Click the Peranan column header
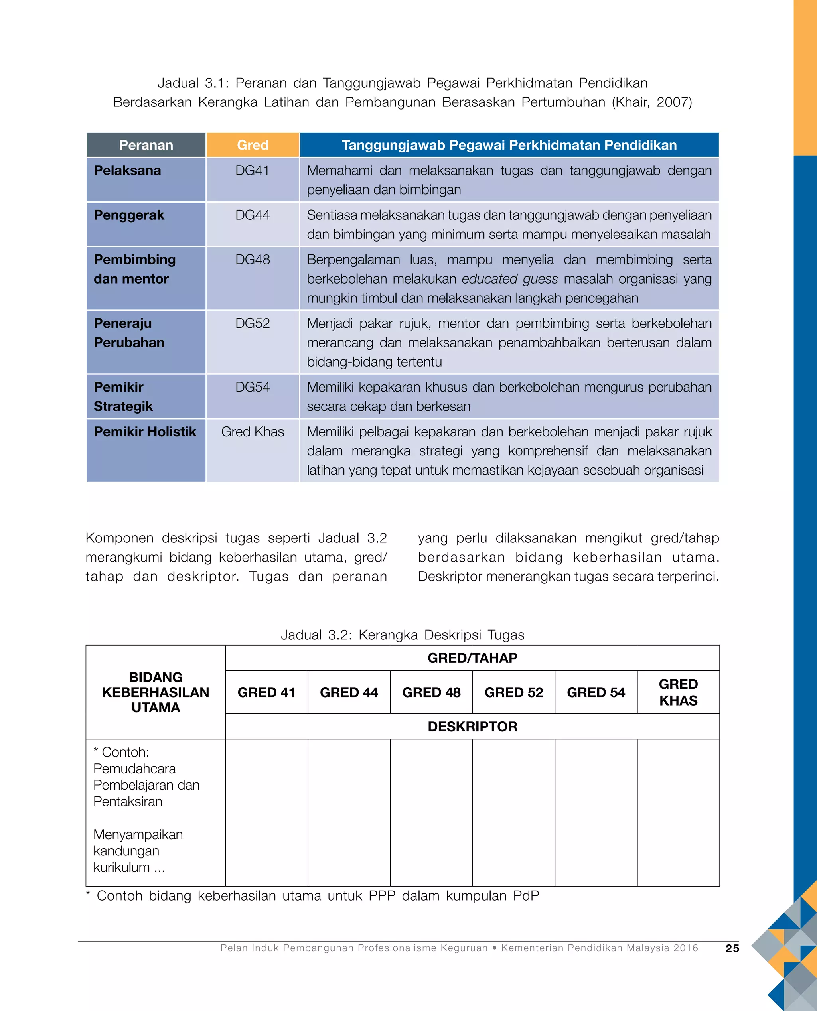(x=146, y=145)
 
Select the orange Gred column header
(x=253, y=145)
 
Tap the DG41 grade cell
(x=253, y=170)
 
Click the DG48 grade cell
(x=253, y=260)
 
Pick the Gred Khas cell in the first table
(x=253, y=432)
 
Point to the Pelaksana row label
(x=127, y=170)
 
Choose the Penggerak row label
(x=129, y=215)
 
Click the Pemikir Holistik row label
(x=144, y=432)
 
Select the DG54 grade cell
(x=253, y=387)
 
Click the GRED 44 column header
(x=349, y=692)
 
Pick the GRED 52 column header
(x=513, y=692)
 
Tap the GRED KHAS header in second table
(x=678, y=692)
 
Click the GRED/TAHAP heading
(x=472, y=658)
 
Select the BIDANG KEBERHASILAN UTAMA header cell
(x=155, y=692)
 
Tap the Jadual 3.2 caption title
(x=403, y=635)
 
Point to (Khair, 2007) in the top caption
(x=652, y=102)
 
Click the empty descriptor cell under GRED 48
(x=431, y=812)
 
